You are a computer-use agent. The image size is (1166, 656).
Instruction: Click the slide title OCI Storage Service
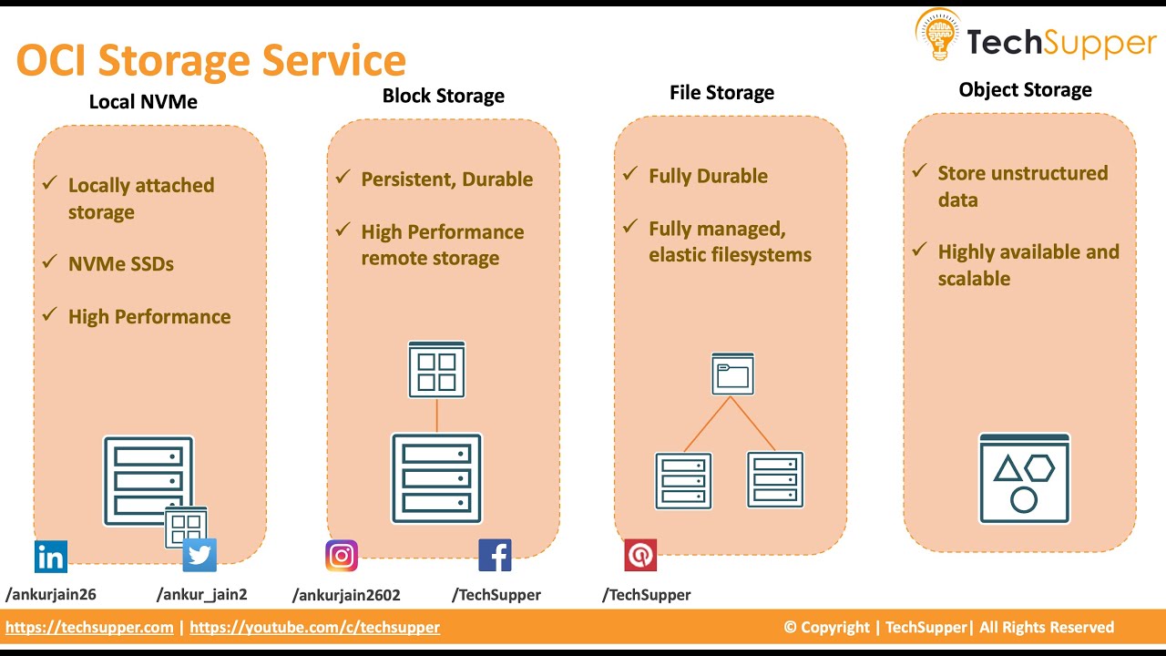tap(210, 60)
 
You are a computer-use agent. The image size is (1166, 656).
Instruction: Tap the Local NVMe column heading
tap(143, 101)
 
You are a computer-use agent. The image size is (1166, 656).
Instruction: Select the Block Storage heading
tap(443, 96)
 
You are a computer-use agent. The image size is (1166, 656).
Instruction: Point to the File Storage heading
tap(721, 92)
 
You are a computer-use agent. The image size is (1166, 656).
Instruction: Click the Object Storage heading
tap(1025, 89)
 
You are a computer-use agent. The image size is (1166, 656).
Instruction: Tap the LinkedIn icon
tap(51, 556)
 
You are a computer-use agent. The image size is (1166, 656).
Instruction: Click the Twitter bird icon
tap(199, 555)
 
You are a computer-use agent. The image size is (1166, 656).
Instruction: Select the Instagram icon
tap(342, 555)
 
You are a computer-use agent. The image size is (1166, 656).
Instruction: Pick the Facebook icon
tap(495, 555)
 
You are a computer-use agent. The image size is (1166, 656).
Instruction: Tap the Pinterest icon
tap(640, 555)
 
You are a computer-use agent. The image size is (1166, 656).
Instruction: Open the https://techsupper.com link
tap(89, 627)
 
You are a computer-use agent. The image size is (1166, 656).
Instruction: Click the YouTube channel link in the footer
tap(314, 627)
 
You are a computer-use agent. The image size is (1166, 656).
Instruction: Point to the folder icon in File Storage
tap(732, 374)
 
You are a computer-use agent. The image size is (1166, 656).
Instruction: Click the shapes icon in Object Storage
tap(1024, 478)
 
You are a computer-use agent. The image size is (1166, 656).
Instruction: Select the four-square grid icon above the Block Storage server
tap(436, 370)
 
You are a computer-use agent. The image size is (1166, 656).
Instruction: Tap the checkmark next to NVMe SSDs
tap(50, 262)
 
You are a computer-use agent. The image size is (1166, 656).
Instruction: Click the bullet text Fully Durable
tap(708, 176)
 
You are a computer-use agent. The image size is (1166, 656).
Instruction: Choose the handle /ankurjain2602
tap(346, 595)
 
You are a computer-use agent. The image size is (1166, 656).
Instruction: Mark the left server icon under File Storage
tap(683, 480)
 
